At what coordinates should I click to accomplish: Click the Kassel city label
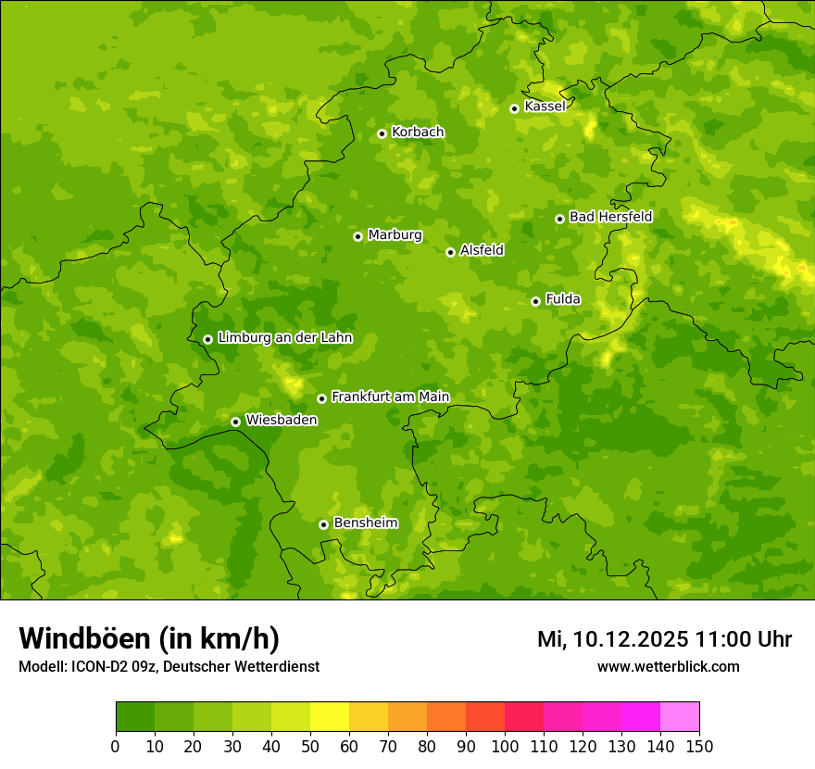point(545,107)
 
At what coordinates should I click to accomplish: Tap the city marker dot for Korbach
point(382,133)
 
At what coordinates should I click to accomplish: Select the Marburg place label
point(395,235)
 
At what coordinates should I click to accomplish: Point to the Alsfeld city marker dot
point(450,252)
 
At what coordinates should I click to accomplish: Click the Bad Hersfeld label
point(610,217)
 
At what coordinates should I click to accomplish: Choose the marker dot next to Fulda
point(535,301)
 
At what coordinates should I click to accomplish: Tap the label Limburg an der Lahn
point(284,338)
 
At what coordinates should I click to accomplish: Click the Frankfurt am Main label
point(390,397)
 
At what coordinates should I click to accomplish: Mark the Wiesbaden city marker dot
point(235,422)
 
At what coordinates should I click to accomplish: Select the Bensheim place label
point(365,523)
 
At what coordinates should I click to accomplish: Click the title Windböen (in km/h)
point(148,638)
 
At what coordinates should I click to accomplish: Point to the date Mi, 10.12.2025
point(611,639)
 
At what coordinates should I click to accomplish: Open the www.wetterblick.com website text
point(668,667)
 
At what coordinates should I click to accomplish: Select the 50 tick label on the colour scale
point(310,746)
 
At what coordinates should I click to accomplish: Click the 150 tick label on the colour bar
point(699,746)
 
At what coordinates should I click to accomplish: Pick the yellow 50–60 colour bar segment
point(330,717)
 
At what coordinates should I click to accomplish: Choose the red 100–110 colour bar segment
point(524,717)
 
